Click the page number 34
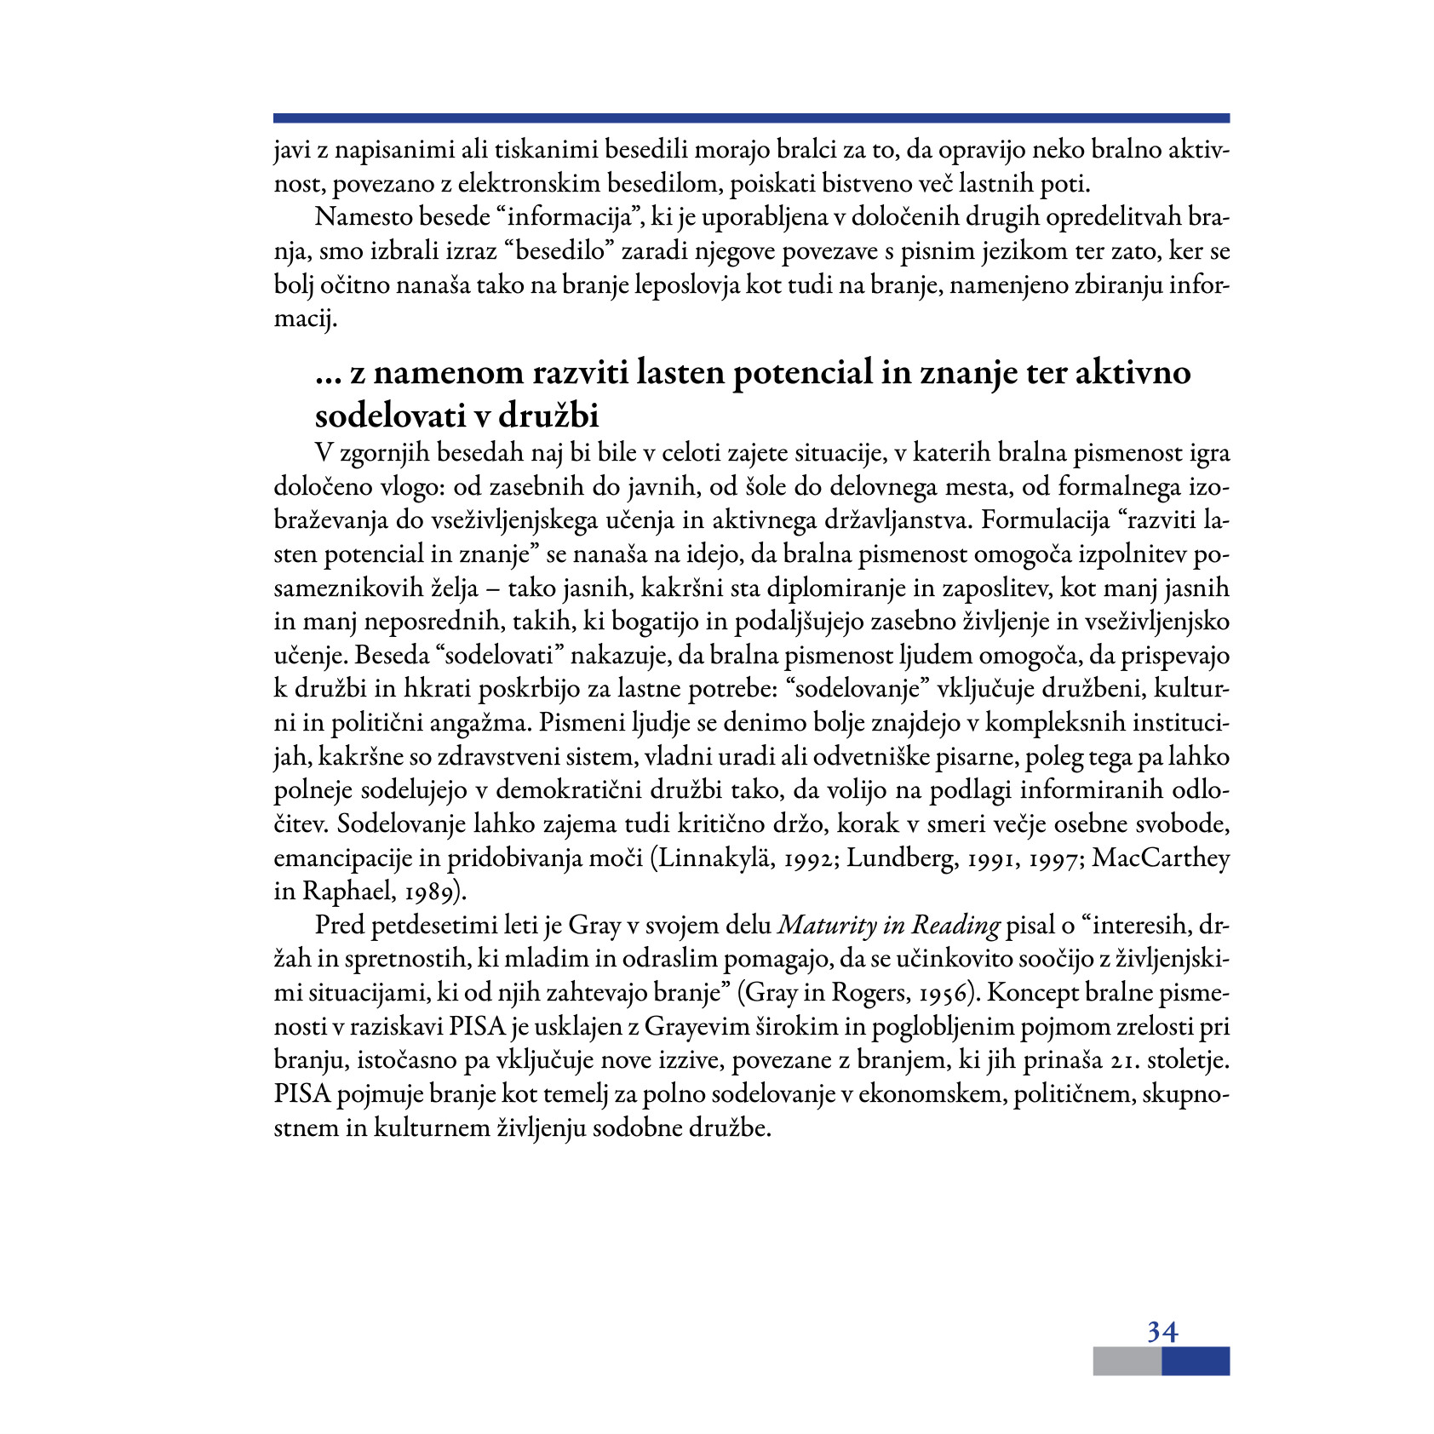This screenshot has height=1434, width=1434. [1162, 1330]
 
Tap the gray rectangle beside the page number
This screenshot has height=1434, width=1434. [1127, 1361]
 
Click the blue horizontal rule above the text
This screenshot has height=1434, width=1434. [751, 118]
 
